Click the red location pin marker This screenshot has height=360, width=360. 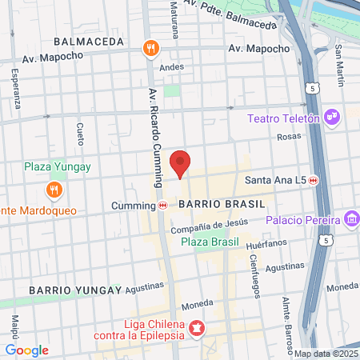pyautogui.click(x=181, y=164)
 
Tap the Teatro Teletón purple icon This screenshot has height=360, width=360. pyautogui.click(x=333, y=118)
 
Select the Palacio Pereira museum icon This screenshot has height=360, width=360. pyautogui.click(x=351, y=218)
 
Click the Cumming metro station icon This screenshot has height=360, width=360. pyautogui.click(x=163, y=205)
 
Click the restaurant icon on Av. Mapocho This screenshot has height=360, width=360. pyautogui.click(x=150, y=49)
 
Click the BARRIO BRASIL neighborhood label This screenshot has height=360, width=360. pyautogui.click(x=211, y=204)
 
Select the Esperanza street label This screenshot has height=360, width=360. pyautogui.click(x=17, y=88)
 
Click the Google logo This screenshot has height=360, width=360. pyautogui.click(x=27, y=350)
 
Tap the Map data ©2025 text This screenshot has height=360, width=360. pyautogui.click(x=326, y=354)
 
